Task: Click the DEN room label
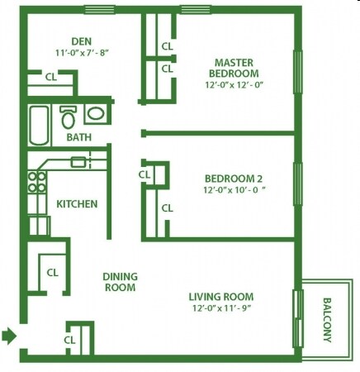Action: click(80, 40)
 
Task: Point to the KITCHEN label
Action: click(77, 204)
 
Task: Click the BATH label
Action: click(78, 137)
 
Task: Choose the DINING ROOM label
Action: click(120, 282)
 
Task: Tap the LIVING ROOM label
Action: click(220, 297)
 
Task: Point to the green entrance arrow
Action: click(9, 336)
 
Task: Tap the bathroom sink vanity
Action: click(95, 114)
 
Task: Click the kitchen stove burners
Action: click(36, 182)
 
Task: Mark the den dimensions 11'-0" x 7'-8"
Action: click(81, 52)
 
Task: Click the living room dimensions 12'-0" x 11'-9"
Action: click(220, 308)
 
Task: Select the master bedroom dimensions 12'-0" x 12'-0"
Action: click(233, 85)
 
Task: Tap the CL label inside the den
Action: click(50, 77)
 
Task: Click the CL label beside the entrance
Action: click(70, 339)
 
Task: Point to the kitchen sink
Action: click(78, 162)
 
